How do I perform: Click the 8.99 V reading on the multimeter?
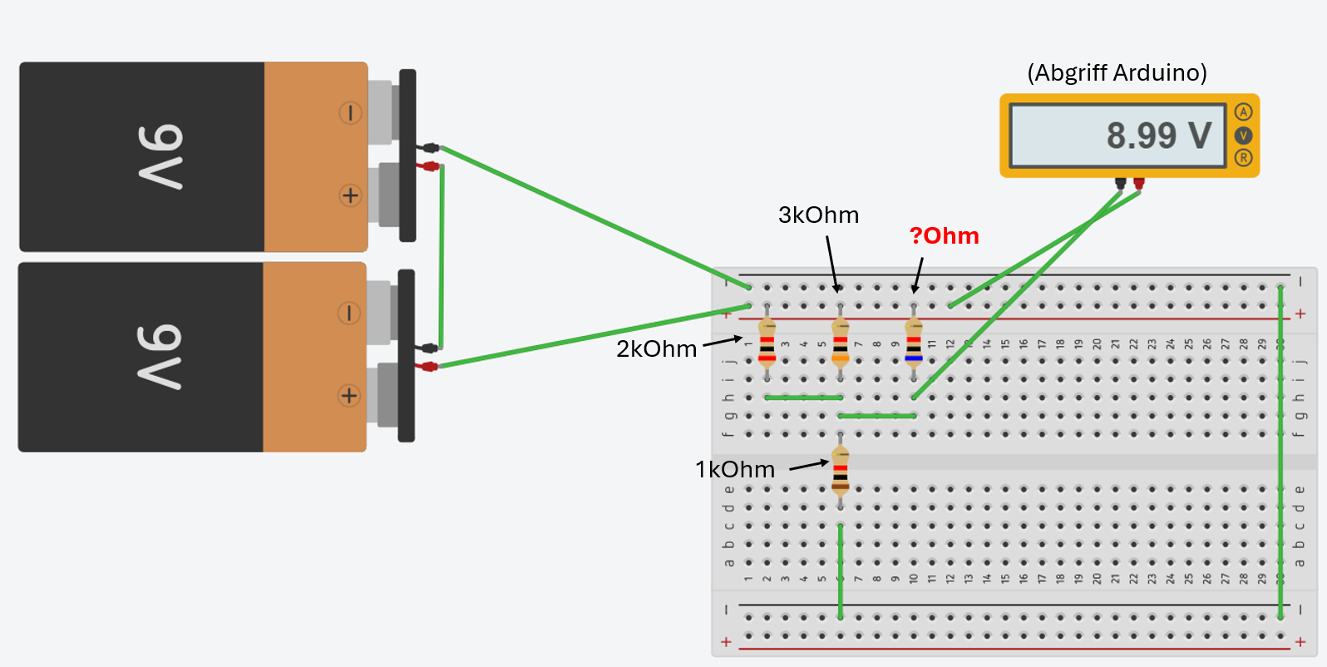tap(1158, 136)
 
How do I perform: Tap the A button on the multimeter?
tap(1243, 112)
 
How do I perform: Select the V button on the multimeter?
tap(1243, 135)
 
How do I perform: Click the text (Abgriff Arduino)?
tap(1117, 73)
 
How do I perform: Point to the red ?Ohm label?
tap(944, 236)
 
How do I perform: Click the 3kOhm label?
tap(818, 215)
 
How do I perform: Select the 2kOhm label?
tap(656, 349)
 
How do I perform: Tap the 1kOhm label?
tap(735, 470)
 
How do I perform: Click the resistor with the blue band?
tap(914, 343)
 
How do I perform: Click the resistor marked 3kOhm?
tap(841, 343)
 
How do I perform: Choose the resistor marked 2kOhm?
tap(767, 343)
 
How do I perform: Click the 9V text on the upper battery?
tap(160, 157)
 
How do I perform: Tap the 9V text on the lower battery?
tap(160, 357)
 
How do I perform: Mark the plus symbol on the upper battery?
tap(351, 195)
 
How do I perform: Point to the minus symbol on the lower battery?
tap(349, 314)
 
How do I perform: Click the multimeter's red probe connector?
tap(1139, 184)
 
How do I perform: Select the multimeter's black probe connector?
tap(1121, 184)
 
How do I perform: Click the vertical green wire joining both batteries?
tap(442, 256)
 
